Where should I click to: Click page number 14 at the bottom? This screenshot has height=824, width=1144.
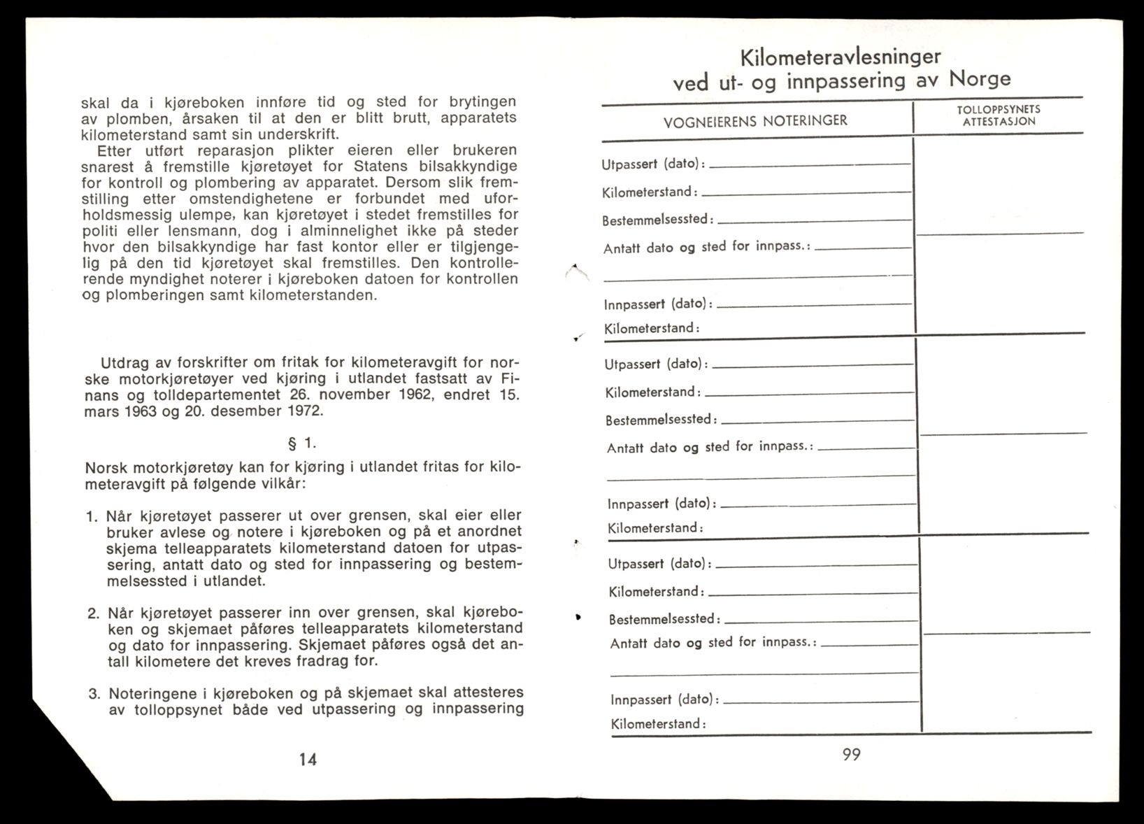click(x=308, y=759)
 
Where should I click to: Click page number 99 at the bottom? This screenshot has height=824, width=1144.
click(x=851, y=755)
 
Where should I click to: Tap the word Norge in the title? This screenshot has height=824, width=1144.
click(x=980, y=78)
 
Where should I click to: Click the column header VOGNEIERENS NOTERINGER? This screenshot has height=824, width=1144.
click(x=755, y=121)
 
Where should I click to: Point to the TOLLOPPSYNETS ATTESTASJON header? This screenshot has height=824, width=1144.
click(x=998, y=115)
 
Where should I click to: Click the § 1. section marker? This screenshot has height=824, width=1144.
click(x=302, y=443)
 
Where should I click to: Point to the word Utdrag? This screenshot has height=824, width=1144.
click(x=123, y=363)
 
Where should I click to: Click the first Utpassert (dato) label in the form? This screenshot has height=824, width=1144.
click(x=653, y=164)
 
